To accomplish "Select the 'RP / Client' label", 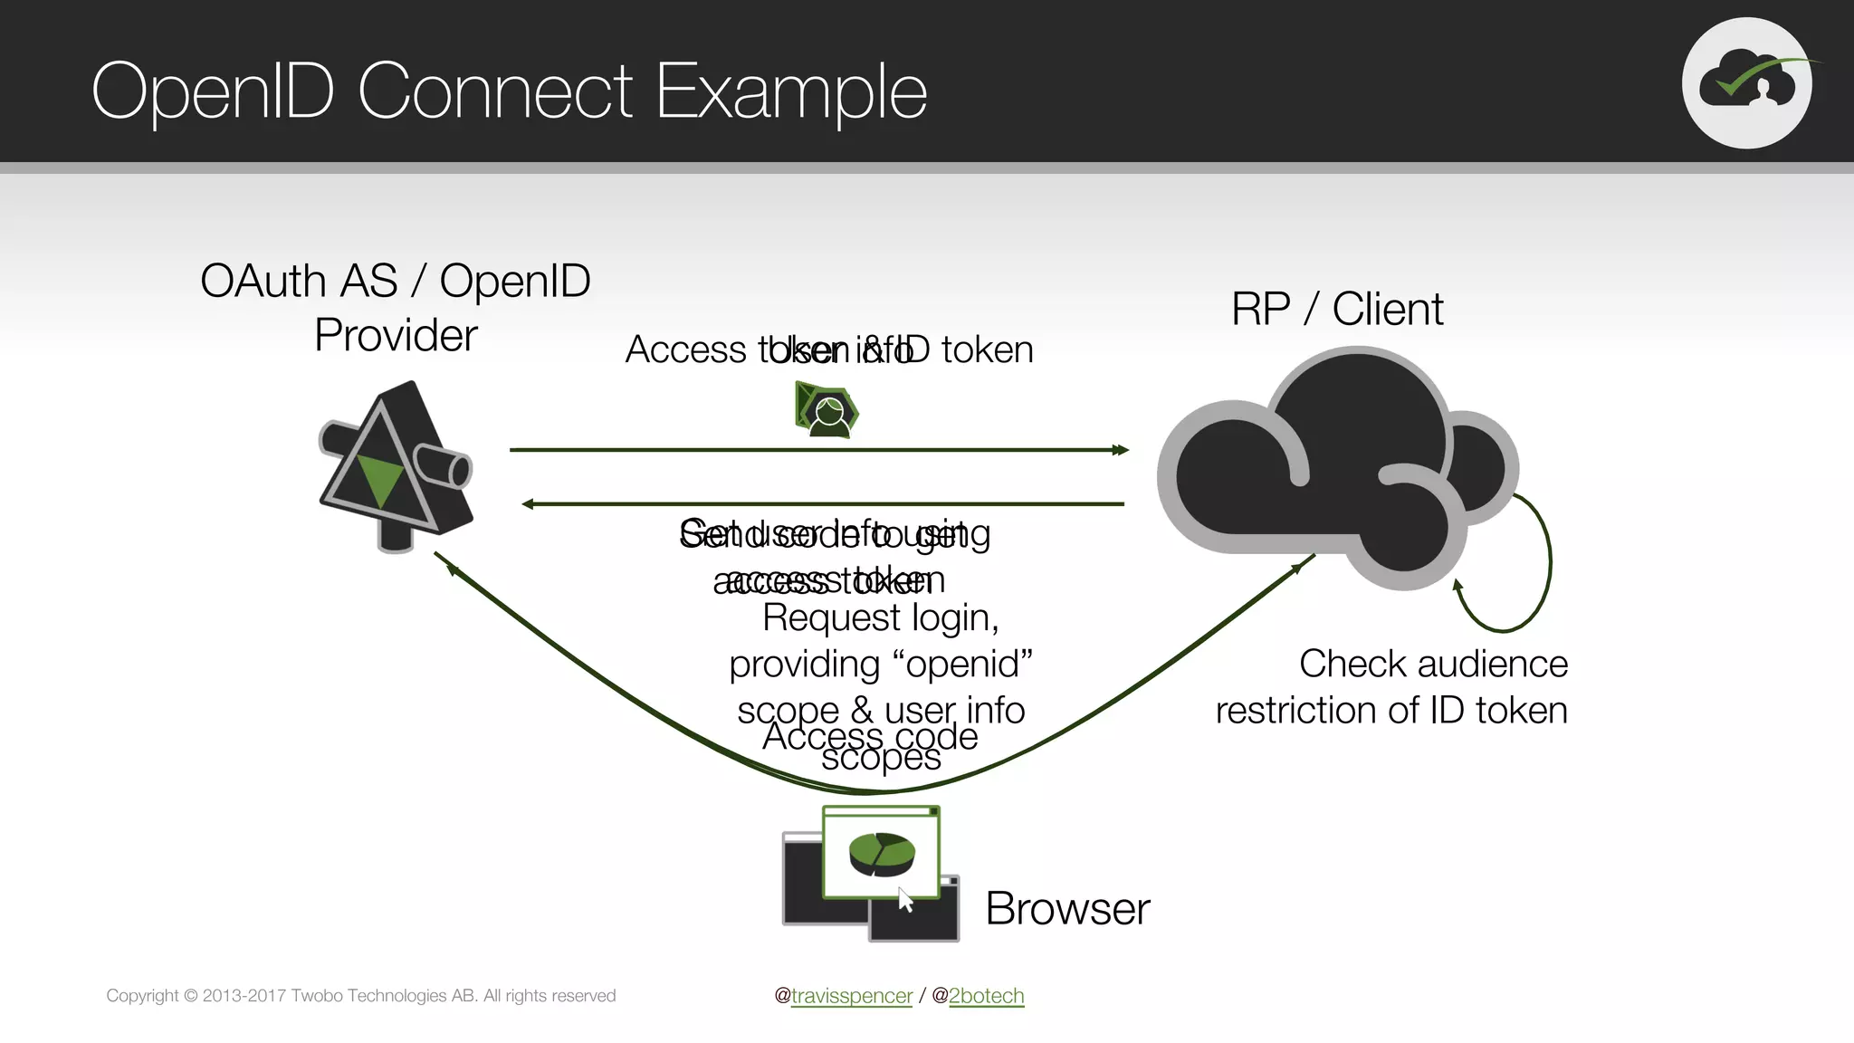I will pos(1337,310).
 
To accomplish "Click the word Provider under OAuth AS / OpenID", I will pos(396,336).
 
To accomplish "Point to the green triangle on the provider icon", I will pos(380,477).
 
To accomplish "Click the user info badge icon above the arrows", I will pos(827,411).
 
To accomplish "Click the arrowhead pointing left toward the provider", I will pos(529,504).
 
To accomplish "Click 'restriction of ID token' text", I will pos(1390,711).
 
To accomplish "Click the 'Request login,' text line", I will pos(880,618).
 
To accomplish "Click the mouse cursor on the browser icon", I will pos(905,900).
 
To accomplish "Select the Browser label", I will pos(1067,909).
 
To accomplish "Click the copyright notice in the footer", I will pos(360,996).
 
